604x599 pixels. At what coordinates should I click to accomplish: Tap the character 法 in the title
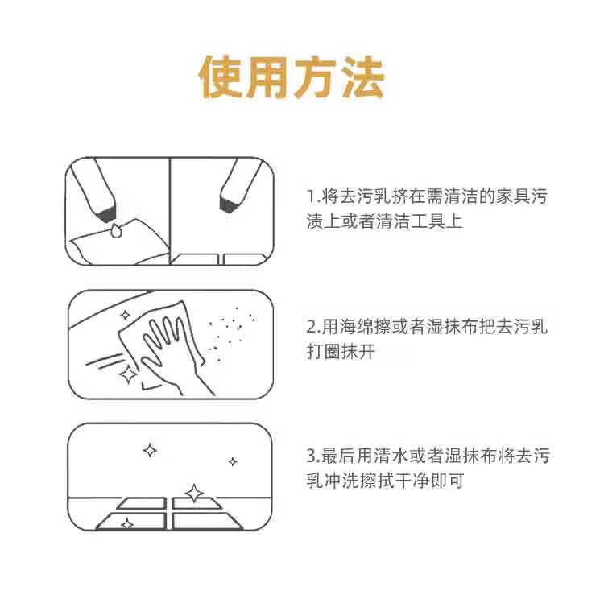[363, 76]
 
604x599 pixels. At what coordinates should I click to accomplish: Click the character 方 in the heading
[316, 76]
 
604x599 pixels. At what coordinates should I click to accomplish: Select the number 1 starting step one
[311, 196]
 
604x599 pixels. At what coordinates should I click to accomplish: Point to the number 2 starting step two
[312, 327]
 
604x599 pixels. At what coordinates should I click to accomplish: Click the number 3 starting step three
[312, 456]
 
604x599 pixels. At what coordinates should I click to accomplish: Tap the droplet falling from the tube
[115, 230]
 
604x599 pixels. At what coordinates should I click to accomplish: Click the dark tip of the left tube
[104, 214]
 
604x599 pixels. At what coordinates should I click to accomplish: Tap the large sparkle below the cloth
[127, 374]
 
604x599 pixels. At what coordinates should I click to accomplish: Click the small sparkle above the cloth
[125, 315]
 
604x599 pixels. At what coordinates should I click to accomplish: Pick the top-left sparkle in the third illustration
[150, 450]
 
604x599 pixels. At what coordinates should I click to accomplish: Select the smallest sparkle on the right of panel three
[233, 461]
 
